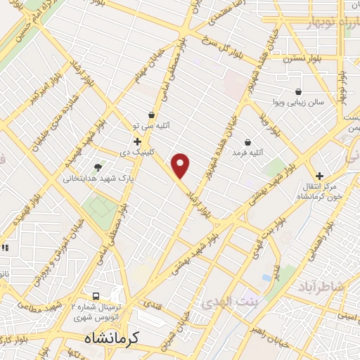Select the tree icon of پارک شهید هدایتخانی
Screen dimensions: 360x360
[x=97, y=167]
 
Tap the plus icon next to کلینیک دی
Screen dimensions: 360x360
[x=146, y=141]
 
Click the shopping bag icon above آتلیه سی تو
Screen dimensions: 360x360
[x=152, y=115]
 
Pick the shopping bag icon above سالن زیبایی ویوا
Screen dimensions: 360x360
[x=299, y=91]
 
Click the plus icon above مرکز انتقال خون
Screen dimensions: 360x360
[x=319, y=176]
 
